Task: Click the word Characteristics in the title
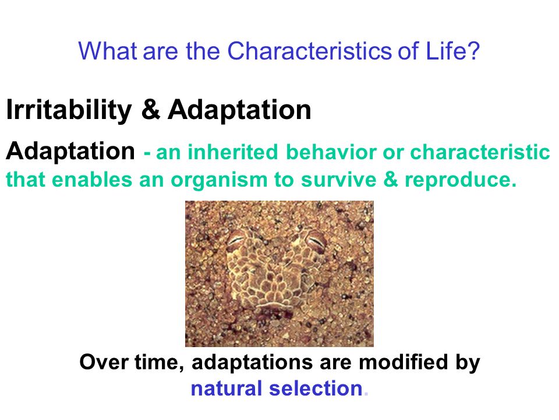(309, 51)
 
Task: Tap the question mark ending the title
(473, 51)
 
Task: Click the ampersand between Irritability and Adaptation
(150, 109)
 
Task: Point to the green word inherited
(233, 152)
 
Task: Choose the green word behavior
(331, 152)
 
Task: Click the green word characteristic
(480, 152)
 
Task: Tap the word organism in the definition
(219, 179)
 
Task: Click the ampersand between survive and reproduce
(391, 179)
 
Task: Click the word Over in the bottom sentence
(104, 362)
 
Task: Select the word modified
(403, 362)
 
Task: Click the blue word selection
(316, 388)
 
